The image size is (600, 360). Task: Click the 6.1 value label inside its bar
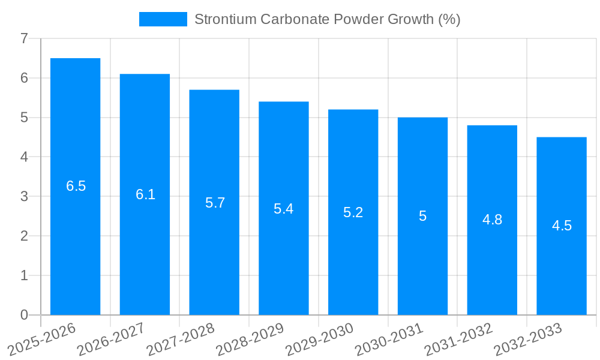[145, 194]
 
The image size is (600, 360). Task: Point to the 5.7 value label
[215, 203]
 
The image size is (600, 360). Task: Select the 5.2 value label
[353, 212]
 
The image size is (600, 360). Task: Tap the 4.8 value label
[492, 220]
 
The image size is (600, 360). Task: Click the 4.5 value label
[562, 226]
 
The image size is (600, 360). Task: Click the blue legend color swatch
[163, 19]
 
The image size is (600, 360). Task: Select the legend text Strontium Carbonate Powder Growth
[327, 19]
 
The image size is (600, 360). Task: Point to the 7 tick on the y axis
[24, 38]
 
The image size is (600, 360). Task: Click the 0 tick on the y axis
[24, 315]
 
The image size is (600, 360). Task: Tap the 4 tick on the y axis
[24, 157]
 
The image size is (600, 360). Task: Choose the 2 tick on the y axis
[24, 236]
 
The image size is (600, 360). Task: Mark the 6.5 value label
[76, 186]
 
